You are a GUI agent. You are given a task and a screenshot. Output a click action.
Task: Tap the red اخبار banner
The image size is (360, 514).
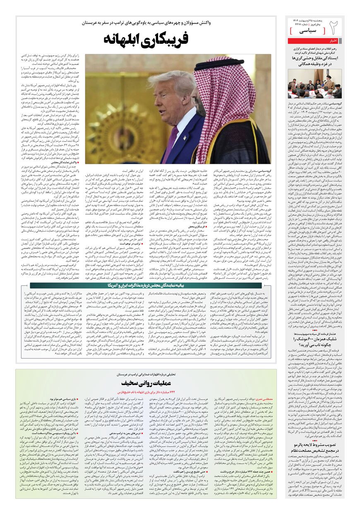[x=333, y=41]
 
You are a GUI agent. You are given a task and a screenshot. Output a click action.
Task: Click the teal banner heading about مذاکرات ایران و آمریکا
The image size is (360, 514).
[x=146, y=285]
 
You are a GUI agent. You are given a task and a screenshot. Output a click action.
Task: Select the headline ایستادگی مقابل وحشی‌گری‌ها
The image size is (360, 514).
[x=315, y=59]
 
